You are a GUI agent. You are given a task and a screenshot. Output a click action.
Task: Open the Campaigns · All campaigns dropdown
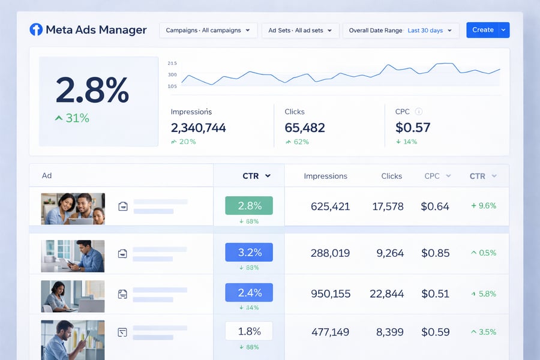(x=208, y=31)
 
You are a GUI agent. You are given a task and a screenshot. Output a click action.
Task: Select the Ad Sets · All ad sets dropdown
(x=301, y=31)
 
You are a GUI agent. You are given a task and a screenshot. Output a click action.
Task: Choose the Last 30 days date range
(x=425, y=31)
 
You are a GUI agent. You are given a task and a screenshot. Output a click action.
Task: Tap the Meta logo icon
(x=36, y=29)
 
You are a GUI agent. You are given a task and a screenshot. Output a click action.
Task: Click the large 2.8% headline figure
(x=92, y=91)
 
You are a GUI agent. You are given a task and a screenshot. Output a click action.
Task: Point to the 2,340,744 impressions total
(x=198, y=127)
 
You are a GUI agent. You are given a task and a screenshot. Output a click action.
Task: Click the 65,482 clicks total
(x=305, y=127)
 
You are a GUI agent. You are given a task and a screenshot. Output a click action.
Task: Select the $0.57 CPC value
(x=413, y=127)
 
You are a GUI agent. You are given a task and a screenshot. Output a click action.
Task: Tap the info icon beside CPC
(x=419, y=112)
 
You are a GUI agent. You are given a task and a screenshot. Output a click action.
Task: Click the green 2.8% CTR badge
(x=249, y=206)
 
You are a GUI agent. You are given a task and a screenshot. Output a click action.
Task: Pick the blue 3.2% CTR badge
(x=249, y=253)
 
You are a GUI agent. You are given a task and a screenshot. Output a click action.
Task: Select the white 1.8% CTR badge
(x=249, y=331)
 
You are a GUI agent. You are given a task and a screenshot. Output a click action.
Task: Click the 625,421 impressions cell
(x=330, y=206)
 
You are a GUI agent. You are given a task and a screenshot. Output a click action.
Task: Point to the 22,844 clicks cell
(x=386, y=293)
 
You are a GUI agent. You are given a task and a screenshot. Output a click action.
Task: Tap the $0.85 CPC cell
(x=435, y=253)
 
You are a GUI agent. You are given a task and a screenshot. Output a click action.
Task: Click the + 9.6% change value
(x=484, y=206)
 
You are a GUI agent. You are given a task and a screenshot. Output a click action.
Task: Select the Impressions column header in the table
(x=325, y=176)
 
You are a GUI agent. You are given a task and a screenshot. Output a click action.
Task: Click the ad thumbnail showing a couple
(x=73, y=209)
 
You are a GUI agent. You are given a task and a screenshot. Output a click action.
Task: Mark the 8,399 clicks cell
(x=390, y=332)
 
